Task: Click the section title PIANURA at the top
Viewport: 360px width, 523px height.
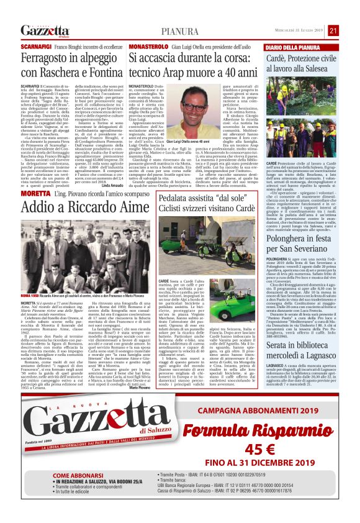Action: pos(180,31)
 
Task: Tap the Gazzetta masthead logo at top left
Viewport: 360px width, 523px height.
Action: pos(44,31)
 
